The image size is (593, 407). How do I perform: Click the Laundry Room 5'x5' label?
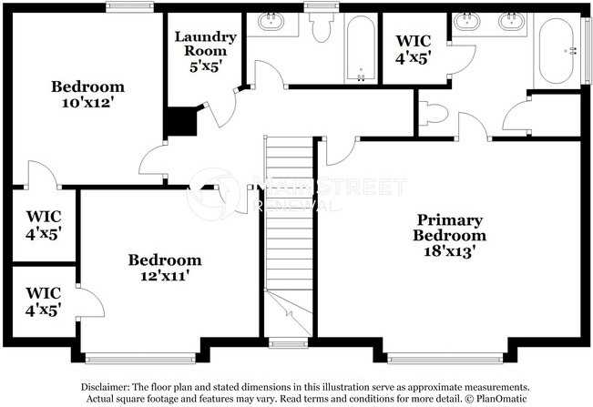tap(206, 51)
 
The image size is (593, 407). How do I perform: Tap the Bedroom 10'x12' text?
tap(87, 95)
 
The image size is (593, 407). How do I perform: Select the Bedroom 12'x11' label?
tap(164, 267)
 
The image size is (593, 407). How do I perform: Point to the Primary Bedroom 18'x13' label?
tap(450, 235)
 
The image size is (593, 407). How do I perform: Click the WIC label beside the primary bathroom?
tap(413, 48)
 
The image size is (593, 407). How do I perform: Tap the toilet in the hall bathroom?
tap(319, 31)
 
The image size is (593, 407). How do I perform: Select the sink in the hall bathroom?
tap(271, 22)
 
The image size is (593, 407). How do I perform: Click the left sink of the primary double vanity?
tap(468, 22)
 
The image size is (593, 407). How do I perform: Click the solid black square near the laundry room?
tap(180, 122)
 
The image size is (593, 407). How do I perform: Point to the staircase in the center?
tap(289, 228)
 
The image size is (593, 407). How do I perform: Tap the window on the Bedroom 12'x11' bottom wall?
tap(140, 357)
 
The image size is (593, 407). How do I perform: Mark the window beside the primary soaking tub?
tap(585, 50)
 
